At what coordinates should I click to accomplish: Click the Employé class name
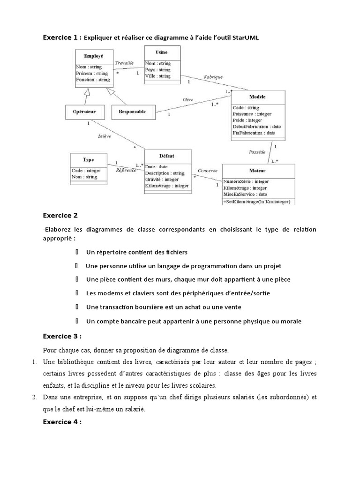[94, 56]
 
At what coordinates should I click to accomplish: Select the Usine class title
[161, 52]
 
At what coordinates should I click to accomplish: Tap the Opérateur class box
[84, 112]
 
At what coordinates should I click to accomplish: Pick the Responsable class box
[132, 112]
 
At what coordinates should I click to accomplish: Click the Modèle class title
[257, 97]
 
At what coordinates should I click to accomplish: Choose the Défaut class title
[167, 156]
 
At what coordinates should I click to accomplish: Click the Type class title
[89, 159]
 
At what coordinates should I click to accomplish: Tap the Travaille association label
[124, 62]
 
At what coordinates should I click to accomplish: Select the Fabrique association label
[213, 76]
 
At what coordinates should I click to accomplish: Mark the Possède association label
[257, 151]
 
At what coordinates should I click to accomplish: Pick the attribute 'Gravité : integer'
[162, 180]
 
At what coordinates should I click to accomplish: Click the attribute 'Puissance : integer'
[252, 114]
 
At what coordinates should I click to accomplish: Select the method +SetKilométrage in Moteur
[256, 202]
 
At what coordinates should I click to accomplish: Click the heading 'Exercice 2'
[60, 216]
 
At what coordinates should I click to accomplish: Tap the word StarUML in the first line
[245, 37]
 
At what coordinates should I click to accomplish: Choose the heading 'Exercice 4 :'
[62, 422]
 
